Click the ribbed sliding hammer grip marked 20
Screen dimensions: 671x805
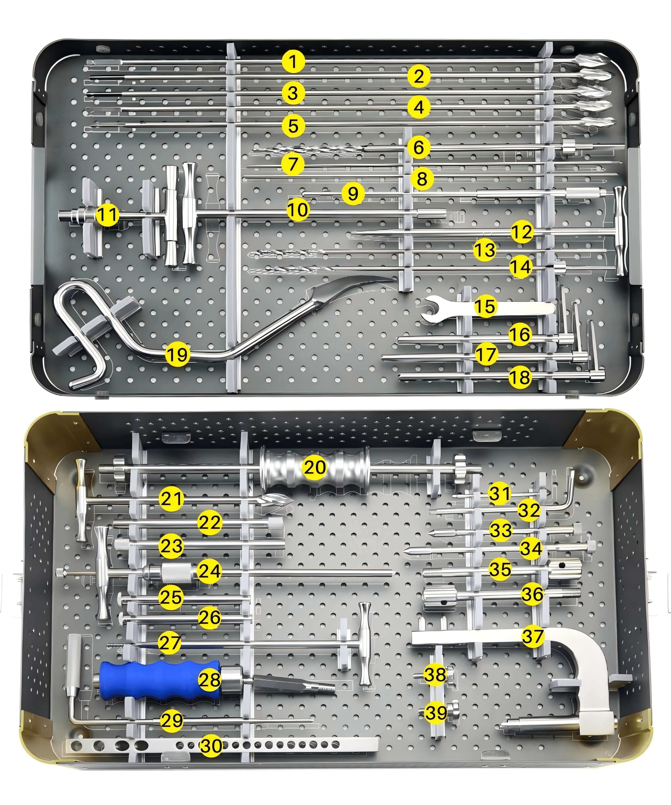click(315, 468)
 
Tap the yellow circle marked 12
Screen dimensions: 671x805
click(522, 232)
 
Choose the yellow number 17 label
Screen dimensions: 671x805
click(486, 354)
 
